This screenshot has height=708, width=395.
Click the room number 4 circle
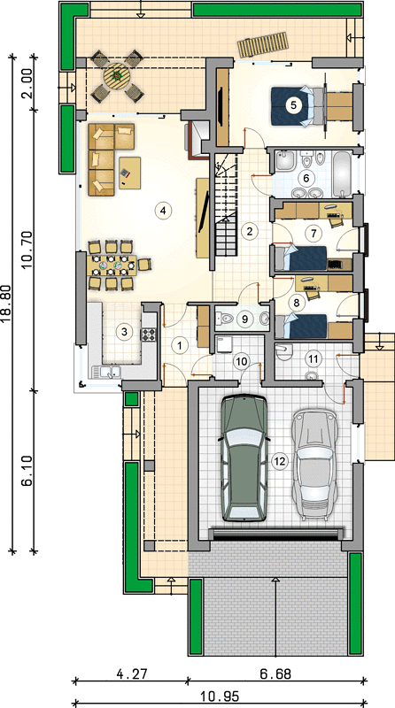pyautogui.click(x=163, y=210)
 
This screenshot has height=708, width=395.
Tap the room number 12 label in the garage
pyautogui.click(x=280, y=461)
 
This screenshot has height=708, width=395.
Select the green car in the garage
pyautogui.click(x=243, y=458)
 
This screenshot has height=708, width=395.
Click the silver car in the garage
pyautogui.click(x=314, y=463)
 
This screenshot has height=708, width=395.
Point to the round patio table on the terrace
pyautogui.click(x=117, y=77)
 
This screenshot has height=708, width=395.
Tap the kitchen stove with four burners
pyautogui.click(x=149, y=335)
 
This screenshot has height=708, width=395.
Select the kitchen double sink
pyautogui.click(x=106, y=372)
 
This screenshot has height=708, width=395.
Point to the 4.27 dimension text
pyautogui.click(x=131, y=674)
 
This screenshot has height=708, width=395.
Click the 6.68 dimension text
pyautogui.click(x=275, y=674)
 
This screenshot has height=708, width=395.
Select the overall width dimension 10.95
pyautogui.click(x=219, y=696)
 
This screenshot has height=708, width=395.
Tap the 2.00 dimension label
pyautogui.click(x=27, y=83)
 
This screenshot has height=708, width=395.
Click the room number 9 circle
pyautogui.click(x=244, y=319)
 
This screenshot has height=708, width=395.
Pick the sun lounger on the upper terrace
pyautogui.click(x=264, y=44)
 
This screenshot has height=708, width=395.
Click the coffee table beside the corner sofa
pyautogui.click(x=129, y=173)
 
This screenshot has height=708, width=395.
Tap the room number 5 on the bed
pyautogui.click(x=293, y=105)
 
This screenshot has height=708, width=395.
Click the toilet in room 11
pyautogui.click(x=283, y=351)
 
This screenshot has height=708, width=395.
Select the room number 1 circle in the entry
pyautogui.click(x=180, y=346)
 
